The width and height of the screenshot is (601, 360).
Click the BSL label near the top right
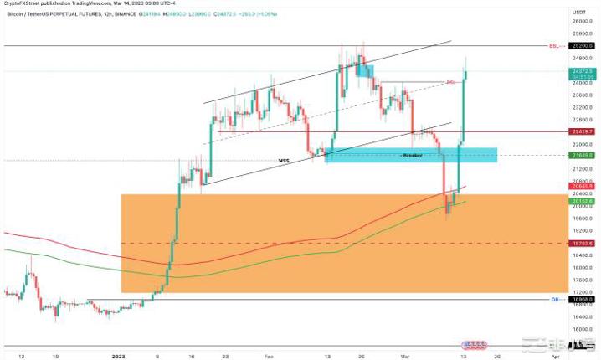pyautogui.click(x=553, y=45)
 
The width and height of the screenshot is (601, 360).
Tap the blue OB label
pyautogui.click(x=554, y=299)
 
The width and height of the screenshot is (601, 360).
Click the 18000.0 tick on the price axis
pyautogui.click(x=582, y=268)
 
